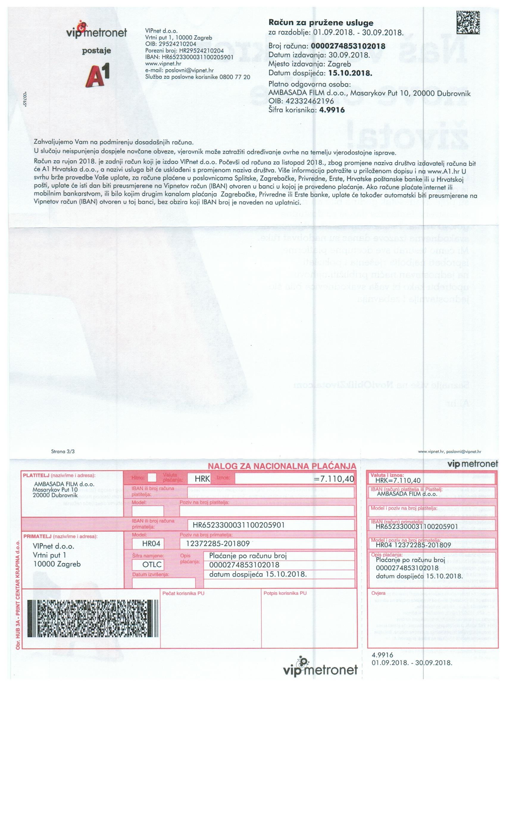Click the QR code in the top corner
point(468,22)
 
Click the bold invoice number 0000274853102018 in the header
point(348,46)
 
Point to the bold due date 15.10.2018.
point(350,73)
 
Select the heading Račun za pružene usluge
point(321,23)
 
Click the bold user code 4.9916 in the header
point(332,110)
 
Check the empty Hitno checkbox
point(152,478)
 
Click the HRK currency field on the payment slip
point(202,479)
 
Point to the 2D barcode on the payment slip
point(92,619)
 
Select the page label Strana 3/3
point(63,451)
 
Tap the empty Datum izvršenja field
point(163,583)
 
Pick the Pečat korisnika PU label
point(183,593)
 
